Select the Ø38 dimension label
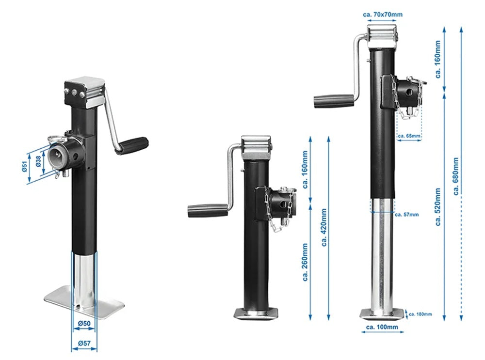(x=38, y=161)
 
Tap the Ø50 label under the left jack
(x=84, y=323)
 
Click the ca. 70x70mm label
(x=382, y=15)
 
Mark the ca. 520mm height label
(x=438, y=207)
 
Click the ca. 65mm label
(x=409, y=136)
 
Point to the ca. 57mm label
(x=407, y=214)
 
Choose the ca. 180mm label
(x=420, y=314)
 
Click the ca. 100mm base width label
(x=382, y=328)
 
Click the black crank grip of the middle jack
(x=207, y=210)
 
